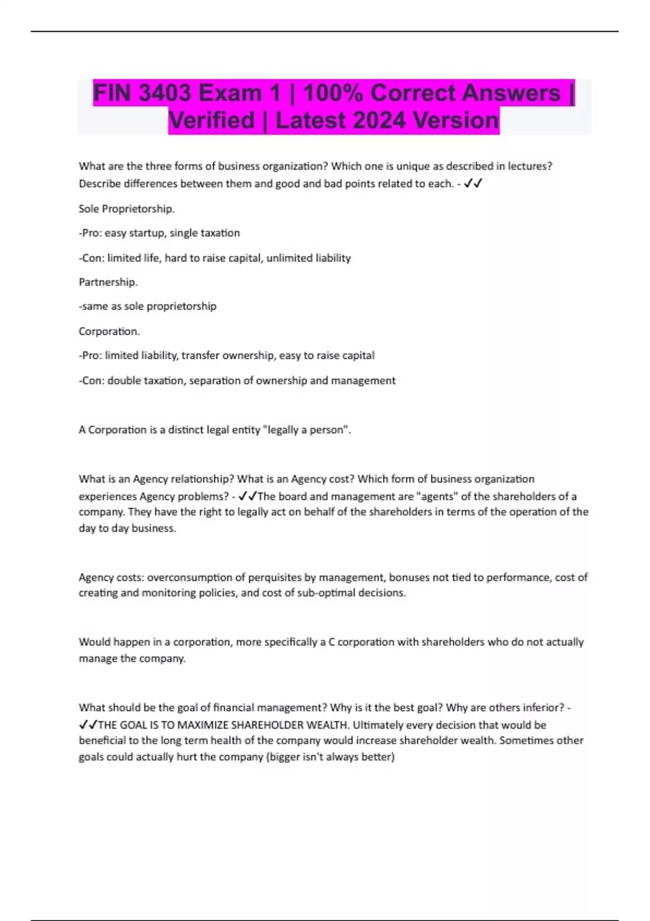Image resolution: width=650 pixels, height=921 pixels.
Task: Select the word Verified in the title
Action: [211, 120]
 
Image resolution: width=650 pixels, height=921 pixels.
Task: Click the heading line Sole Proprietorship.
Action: [127, 209]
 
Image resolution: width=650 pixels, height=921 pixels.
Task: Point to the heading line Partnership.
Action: [108, 282]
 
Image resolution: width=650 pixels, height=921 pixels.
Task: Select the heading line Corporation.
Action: [109, 331]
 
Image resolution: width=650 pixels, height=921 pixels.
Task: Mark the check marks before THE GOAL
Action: [88, 725]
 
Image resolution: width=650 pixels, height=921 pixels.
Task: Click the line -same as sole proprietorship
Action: [147, 306]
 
